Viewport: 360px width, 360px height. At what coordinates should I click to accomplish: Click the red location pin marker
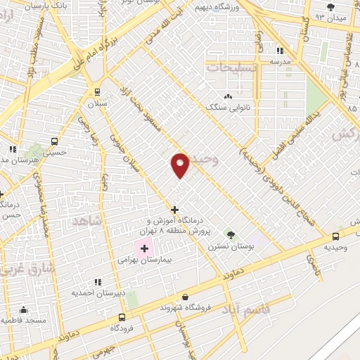tap(180, 165)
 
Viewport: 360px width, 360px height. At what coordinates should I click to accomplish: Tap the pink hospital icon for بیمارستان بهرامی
tap(145, 248)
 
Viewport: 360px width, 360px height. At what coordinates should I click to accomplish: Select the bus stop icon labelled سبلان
tap(97, 91)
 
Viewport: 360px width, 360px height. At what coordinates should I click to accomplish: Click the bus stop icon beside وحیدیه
tap(335, 236)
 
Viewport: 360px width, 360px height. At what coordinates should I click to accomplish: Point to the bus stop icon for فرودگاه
tap(122, 317)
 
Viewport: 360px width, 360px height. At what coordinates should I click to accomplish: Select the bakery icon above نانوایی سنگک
tap(227, 96)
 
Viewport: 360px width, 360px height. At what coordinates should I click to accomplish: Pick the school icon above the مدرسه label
tap(279, 51)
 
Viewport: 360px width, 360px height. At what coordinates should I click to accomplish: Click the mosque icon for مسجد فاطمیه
tap(23, 309)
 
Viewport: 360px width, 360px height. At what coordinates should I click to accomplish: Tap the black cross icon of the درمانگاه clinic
tap(174, 210)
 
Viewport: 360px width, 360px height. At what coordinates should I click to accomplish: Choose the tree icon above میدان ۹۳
tap(330, 7)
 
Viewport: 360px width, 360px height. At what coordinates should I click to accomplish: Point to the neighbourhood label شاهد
tap(86, 221)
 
